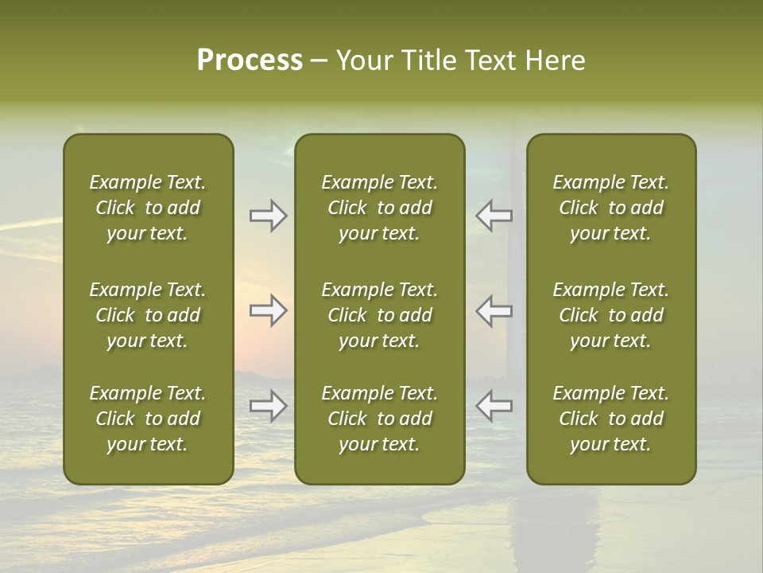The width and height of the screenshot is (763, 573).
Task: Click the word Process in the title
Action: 250,60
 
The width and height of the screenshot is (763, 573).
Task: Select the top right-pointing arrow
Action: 268,216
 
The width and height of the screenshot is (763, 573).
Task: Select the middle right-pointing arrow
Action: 268,310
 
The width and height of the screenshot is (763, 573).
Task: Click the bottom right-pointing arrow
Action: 268,406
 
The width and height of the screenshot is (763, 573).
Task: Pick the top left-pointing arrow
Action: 494,216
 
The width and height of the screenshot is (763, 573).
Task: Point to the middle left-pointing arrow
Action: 494,310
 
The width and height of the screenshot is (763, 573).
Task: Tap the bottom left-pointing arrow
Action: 494,406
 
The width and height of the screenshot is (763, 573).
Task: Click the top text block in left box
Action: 148,208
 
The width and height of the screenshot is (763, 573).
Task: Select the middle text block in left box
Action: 148,315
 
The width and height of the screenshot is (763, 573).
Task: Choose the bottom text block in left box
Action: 148,419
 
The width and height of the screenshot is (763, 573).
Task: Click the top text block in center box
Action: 379,208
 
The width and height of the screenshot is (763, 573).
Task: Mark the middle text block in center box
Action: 379,315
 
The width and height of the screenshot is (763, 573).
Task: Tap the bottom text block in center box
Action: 379,419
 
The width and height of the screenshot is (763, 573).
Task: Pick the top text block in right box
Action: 611,208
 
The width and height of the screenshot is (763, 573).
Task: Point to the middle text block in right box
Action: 611,315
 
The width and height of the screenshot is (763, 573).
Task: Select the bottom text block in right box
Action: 611,419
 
